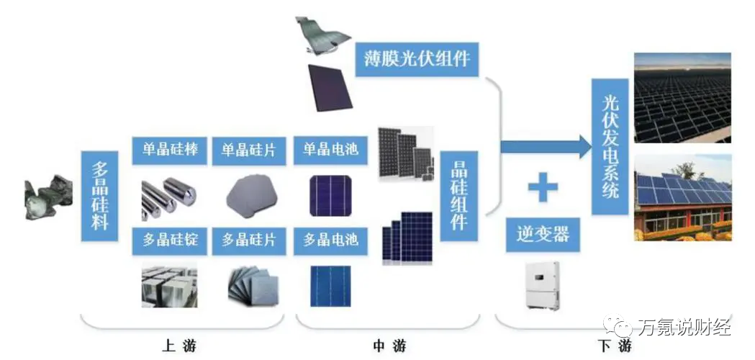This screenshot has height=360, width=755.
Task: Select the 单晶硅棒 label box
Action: tap(170, 150)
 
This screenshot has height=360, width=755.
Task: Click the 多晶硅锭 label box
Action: tap(170, 240)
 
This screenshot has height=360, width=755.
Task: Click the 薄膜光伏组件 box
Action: tap(417, 58)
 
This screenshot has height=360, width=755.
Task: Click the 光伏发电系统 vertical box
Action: tap(610, 147)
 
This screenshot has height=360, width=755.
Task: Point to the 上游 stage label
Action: tap(179, 346)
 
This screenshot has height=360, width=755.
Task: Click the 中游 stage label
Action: tap(389, 346)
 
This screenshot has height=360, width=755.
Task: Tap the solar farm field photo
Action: tap(682, 99)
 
